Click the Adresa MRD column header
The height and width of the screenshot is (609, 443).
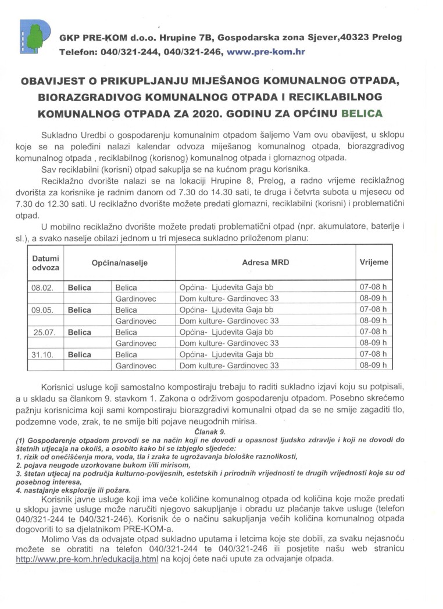tap(265, 263)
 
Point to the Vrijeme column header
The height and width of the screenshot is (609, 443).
tap(374, 263)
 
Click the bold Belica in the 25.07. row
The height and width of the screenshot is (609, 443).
tap(79, 332)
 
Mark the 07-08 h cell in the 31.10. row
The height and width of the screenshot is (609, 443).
tap(373, 354)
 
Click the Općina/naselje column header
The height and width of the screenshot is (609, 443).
tap(119, 263)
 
